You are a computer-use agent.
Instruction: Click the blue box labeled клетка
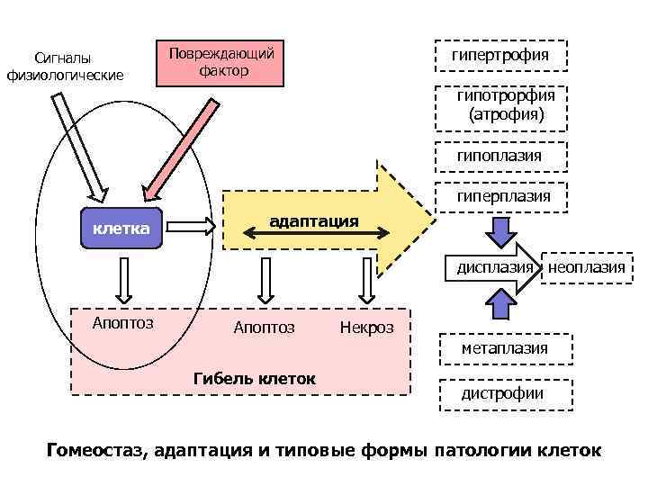[121, 229]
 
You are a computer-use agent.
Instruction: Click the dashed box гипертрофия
[500, 55]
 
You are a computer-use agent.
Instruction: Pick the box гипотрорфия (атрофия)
[500, 105]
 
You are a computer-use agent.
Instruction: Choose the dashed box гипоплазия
[500, 156]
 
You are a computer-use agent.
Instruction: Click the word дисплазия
[494, 267]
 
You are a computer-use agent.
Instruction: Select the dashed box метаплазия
[503, 347]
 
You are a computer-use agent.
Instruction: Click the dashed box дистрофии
[503, 393]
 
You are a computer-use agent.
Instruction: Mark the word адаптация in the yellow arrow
[314, 220]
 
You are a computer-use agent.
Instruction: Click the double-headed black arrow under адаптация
[316, 234]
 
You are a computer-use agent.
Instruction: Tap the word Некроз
[366, 328]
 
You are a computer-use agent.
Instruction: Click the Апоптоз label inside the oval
[123, 322]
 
